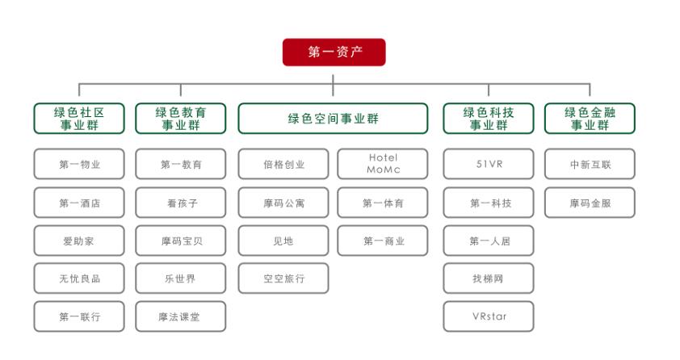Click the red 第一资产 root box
pos(334,52)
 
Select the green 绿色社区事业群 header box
pos(79,119)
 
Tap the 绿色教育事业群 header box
pos(181,119)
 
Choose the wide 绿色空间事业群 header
pos(333,119)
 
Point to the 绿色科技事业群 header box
pos(489,119)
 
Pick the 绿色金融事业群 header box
pos(590,119)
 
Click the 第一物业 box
pos(79,164)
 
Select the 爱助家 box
pos(79,241)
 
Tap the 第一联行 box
pos(79,316)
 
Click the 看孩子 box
pos(181,203)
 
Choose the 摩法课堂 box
pos(181,316)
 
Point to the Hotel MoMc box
pos(383,164)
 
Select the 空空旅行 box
pos(283,278)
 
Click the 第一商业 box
pos(383,241)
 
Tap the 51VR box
pos(489,164)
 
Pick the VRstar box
pos(489,316)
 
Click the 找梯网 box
pos(489,278)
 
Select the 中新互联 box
pos(590,164)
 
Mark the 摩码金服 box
pos(590,203)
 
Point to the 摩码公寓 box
pos(283,203)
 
